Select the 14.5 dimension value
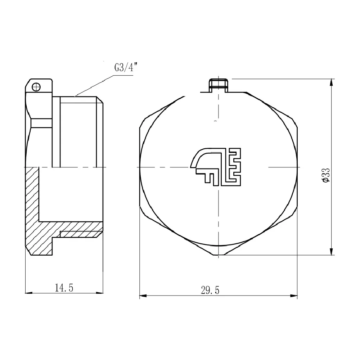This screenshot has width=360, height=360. coord(64,288)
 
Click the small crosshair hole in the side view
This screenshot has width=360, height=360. coord(36,87)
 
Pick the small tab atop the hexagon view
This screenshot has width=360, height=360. coord(219,85)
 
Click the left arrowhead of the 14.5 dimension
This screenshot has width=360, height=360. coord(27,292)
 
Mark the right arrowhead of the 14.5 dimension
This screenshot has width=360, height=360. coord(102,292)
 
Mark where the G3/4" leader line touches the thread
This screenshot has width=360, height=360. coord(75,96)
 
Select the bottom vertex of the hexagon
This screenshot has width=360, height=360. coord(219,256)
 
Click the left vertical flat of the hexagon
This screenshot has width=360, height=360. coord(140,167)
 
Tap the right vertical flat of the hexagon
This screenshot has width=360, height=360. coord(297,167)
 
